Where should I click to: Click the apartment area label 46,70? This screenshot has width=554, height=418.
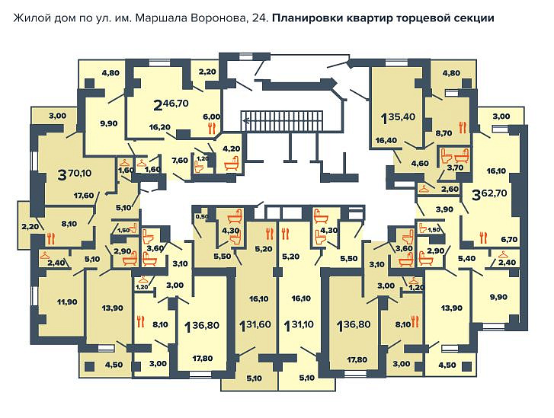(x=175, y=104)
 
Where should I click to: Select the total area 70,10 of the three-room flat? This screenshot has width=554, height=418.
(x=79, y=173)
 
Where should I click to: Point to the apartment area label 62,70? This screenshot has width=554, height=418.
(x=495, y=193)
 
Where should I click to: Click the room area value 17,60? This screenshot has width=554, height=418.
(x=84, y=196)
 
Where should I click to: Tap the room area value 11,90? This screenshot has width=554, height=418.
(x=67, y=302)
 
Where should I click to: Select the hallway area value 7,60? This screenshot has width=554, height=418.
(x=180, y=161)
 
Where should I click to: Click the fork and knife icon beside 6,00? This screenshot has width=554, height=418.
(x=212, y=129)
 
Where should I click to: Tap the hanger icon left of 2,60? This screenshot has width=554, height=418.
(x=424, y=189)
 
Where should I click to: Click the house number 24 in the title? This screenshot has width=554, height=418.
(x=261, y=18)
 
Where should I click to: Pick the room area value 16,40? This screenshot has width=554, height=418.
(x=386, y=140)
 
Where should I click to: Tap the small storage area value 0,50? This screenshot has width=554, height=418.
(x=202, y=217)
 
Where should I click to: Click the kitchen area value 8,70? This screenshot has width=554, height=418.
(x=444, y=133)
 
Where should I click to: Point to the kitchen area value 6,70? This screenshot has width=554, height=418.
(x=510, y=240)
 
